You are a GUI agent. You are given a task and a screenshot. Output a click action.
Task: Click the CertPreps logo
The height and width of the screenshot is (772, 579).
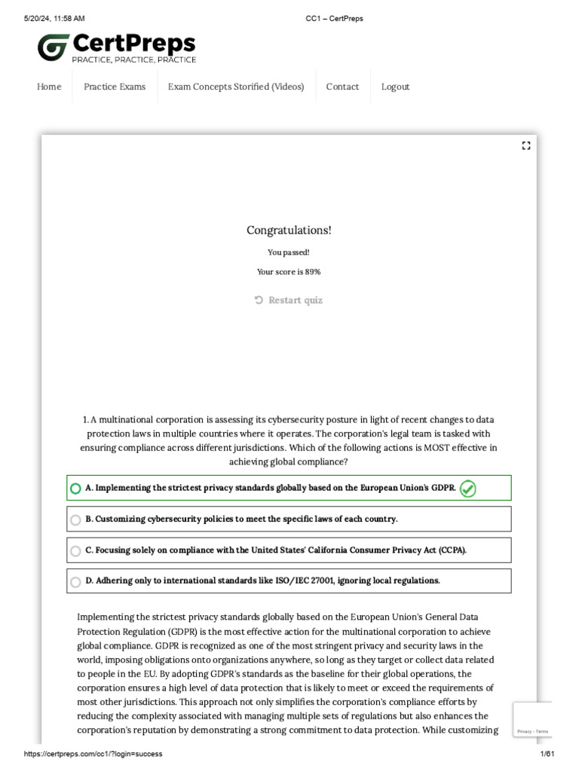117,47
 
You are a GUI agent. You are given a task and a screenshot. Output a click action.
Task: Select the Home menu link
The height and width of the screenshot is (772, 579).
49,87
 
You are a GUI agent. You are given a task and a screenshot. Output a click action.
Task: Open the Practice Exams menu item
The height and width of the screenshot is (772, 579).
115,87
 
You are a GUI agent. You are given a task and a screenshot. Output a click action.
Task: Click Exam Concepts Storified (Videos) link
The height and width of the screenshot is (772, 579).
236,87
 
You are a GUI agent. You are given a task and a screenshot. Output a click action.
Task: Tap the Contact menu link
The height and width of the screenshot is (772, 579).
342,87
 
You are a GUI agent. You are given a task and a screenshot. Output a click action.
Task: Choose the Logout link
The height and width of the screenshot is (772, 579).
395,87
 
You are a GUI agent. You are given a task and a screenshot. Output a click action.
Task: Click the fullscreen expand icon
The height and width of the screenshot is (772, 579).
526,146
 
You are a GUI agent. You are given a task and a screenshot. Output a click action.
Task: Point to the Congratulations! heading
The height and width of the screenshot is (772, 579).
289,230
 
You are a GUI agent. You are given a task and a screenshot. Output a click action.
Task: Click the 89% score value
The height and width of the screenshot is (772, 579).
313,272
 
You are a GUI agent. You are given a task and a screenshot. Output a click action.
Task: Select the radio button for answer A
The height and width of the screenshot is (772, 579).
75,489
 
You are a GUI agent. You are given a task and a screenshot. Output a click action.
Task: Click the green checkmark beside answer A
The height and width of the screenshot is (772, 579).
467,489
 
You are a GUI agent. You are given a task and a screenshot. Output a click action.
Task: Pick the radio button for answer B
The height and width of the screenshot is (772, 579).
75,519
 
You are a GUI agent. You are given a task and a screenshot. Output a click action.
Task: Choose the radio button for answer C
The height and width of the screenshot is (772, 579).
75,551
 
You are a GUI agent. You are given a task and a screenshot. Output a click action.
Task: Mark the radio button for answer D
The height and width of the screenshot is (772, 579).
75,582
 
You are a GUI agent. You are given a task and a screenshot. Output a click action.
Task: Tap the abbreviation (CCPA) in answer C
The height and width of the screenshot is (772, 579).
452,550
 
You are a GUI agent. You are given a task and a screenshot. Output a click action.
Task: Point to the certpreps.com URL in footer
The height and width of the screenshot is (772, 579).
93,754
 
